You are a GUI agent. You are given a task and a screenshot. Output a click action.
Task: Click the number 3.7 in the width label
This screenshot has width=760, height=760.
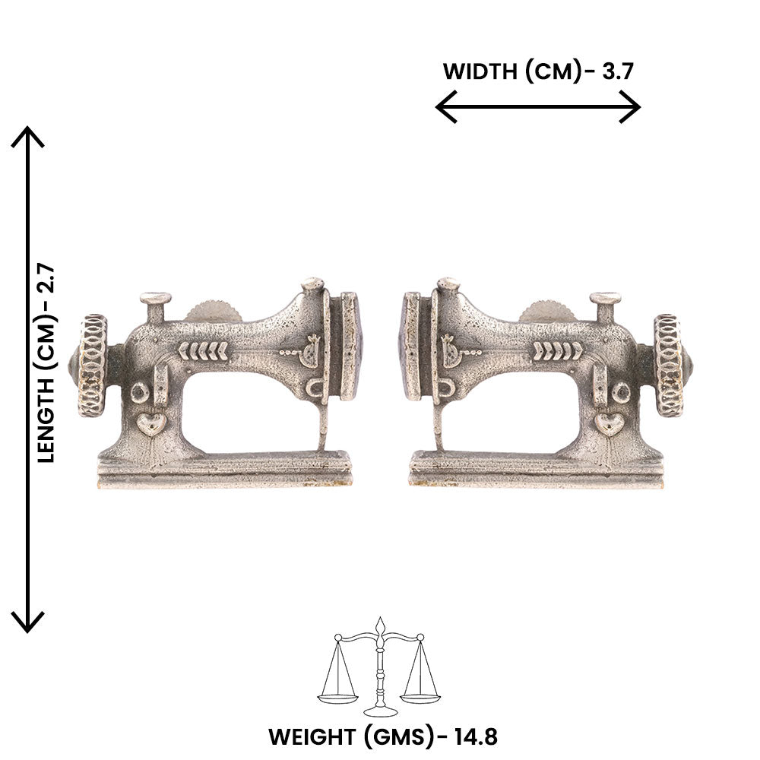pyautogui.click(x=617, y=71)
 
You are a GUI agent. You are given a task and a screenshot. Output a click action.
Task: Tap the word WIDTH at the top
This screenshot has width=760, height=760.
pyautogui.click(x=480, y=71)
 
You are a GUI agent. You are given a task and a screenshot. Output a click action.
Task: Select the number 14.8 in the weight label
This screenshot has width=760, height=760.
pyautogui.click(x=475, y=736)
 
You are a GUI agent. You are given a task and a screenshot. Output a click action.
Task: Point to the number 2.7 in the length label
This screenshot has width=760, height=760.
pyautogui.click(x=47, y=282)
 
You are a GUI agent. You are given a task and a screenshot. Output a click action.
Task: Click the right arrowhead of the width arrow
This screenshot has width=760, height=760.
pyautogui.click(x=630, y=106)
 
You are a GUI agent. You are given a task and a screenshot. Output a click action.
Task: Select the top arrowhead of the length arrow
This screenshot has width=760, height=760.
pyautogui.click(x=27, y=137)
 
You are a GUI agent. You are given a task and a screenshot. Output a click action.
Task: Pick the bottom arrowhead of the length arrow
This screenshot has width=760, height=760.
pyautogui.click(x=27, y=622)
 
